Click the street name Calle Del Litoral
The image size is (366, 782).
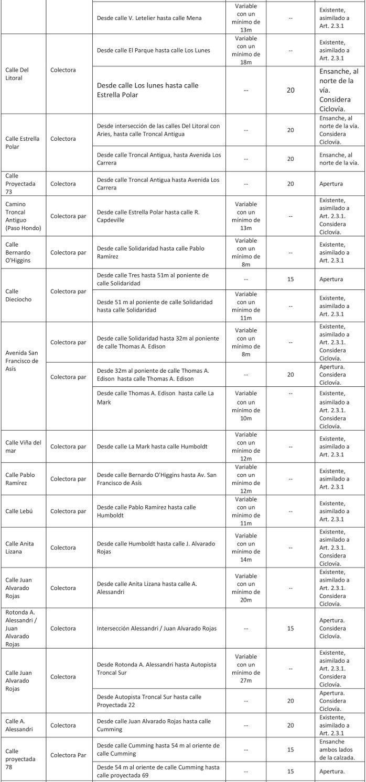[x=17, y=74]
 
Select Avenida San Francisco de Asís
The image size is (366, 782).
[x=23, y=361]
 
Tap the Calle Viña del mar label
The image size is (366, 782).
[x=24, y=446]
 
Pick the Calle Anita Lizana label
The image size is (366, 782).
[x=20, y=548]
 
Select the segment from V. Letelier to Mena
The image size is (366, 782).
[x=149, y=18]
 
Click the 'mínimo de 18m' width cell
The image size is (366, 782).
[x=246, y=50]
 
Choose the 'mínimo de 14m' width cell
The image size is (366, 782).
[x=246, y=548]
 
